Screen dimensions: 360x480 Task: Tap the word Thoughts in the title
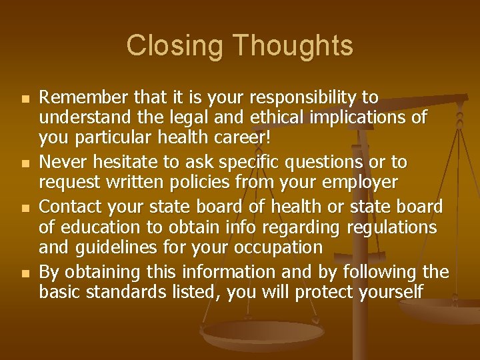pyautogui.click(x=293, y=47)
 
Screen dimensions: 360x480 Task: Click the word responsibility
pyautogui.click(x=305, y=99)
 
